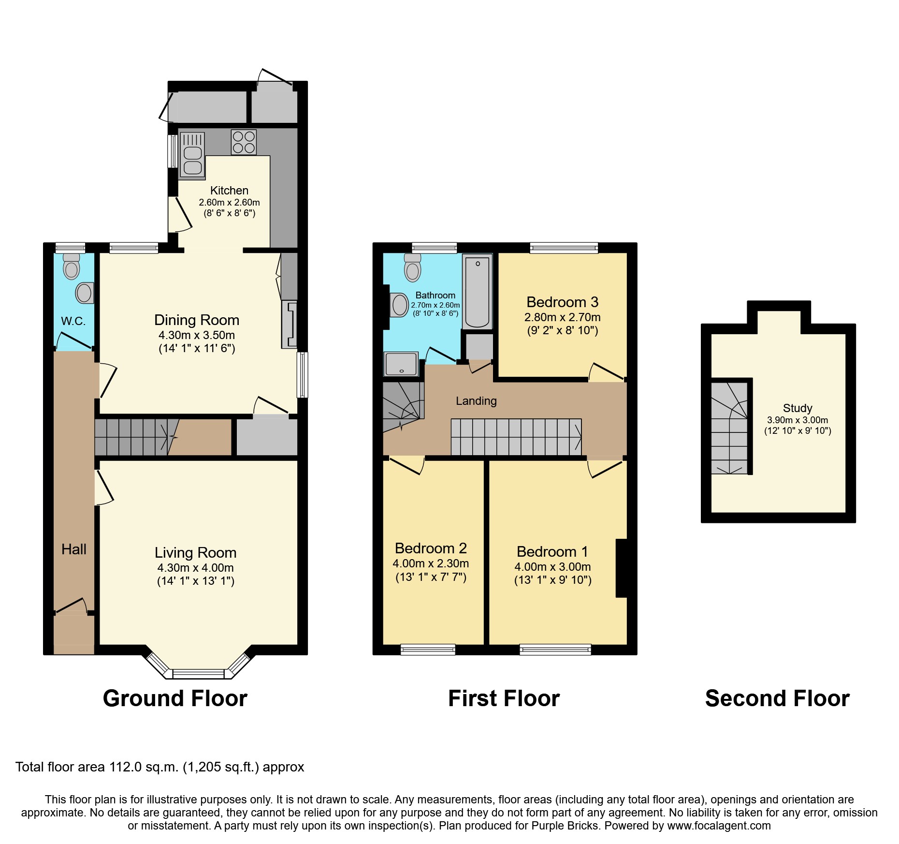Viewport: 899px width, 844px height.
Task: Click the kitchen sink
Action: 192,154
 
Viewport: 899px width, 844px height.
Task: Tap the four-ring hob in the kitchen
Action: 244,142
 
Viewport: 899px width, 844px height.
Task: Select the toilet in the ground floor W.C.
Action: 72,266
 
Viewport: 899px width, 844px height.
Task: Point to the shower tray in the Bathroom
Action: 401,364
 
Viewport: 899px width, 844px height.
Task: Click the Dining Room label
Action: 197,320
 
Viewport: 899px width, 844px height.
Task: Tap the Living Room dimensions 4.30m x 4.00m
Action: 195,568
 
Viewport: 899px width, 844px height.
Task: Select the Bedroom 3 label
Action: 562,302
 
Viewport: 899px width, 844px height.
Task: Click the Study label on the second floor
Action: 797,408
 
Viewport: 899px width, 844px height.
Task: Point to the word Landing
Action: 476,400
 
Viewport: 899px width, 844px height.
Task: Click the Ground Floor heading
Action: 175,698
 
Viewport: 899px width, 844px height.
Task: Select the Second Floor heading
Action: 777,698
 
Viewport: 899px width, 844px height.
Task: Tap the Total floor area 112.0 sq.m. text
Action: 159,767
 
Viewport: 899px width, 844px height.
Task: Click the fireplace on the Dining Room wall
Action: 290,325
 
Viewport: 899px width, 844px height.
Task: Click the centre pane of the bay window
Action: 199,673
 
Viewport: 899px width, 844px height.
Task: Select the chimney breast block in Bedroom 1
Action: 621,568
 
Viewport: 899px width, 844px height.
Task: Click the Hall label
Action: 74,549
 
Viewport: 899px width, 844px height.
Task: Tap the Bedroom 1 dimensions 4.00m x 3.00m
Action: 552,566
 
